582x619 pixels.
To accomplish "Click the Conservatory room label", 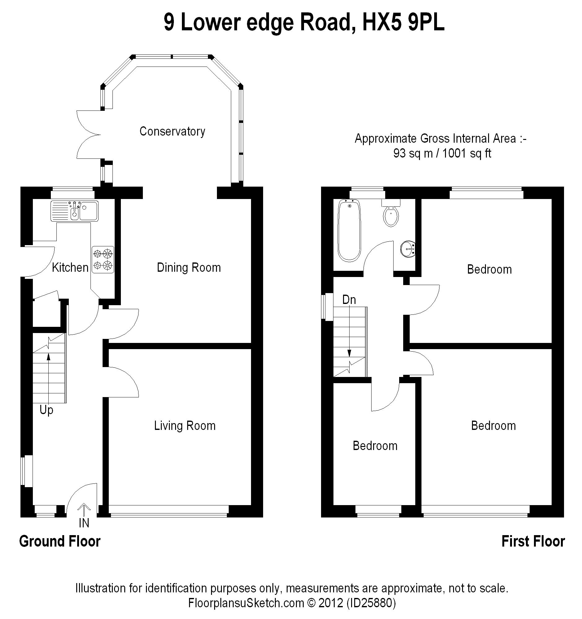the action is tap(172, 132).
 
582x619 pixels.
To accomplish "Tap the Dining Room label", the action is tap(189, 267).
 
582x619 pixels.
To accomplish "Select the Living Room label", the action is tap(184, 426).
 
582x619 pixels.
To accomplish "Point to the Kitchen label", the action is tap(70, 267).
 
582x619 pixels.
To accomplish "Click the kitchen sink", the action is tap(74, 211).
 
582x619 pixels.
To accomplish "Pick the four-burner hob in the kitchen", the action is tap(103, 260).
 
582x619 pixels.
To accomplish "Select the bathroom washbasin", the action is tap(408, 249).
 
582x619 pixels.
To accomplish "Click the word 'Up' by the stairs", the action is tap(46, 410).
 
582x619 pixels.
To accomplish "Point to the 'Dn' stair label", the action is tap(349, 300).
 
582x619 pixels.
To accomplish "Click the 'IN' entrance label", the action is tap(84, 523).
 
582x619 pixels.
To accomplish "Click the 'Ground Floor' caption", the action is tap(60, 541).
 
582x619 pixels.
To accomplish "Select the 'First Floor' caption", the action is tap(533, 541).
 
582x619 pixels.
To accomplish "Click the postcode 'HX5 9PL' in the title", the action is tap(403, 22).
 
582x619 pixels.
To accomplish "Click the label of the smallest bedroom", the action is tap(375, 446).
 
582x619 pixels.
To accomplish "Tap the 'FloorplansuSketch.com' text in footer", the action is tap(246, 603).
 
